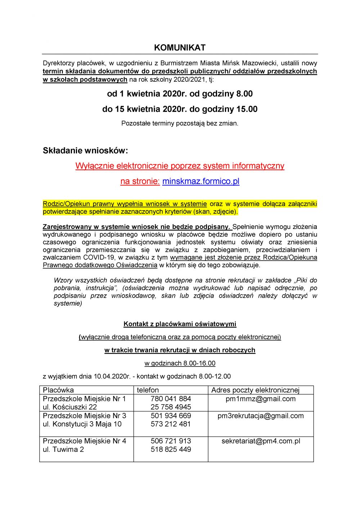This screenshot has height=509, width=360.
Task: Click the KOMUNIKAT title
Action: (x=180, y=48)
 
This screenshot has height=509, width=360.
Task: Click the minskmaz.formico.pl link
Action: (x=201, y=181)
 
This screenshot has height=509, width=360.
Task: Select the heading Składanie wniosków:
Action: (x=85, y=150)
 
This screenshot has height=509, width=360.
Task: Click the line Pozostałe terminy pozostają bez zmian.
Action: (x=180, y=123)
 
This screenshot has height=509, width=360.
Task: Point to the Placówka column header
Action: (x=58, y=390)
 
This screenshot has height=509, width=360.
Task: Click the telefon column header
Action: (x=148, y=390)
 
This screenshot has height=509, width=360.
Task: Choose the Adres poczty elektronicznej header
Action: (x=255, y=390)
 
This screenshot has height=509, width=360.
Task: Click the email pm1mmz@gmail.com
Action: (x=261, y=399)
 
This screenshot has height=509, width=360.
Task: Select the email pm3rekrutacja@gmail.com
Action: (x=261, y=416)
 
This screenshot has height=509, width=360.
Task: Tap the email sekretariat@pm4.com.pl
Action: (x=261, y=441)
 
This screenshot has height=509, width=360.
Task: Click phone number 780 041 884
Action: (x=171, y=399)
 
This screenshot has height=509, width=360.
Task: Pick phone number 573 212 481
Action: (x=171, y=424)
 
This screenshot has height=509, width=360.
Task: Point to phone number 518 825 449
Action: (x=171, y=449)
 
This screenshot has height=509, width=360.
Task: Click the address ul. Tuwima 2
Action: (x=63, y=449)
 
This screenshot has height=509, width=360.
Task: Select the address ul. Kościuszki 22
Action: (x=70, y=407)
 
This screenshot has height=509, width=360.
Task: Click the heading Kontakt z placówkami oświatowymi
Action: (x=180, y=324)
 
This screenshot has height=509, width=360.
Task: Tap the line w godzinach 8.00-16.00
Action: (x=180, y=363)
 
